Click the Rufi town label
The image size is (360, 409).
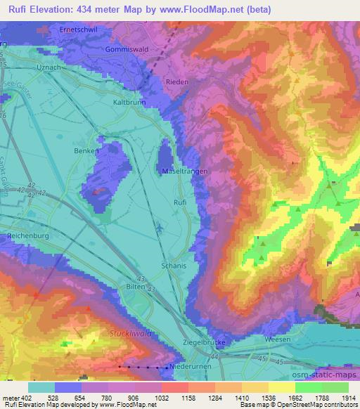tap(181, 203)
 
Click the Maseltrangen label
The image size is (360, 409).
tap(185, 171)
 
